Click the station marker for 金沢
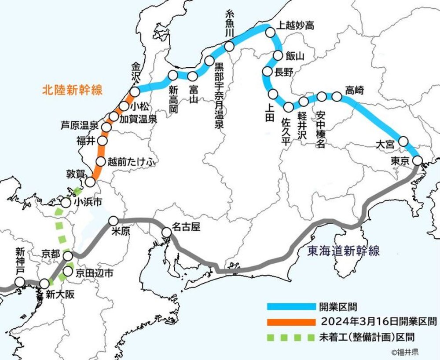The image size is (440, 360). click(x=135, y=91)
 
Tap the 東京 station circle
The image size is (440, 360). click(x=418, y=160)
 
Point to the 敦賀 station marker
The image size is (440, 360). click(x=91, y=182)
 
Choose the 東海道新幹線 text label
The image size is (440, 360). click(x=344, y=251)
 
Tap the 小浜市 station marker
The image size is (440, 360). click(x=66, y=203)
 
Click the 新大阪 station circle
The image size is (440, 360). click(x=44, y=284)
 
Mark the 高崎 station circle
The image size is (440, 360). click(x=337, y=97)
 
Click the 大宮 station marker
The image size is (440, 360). click(x=403, y=142)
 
